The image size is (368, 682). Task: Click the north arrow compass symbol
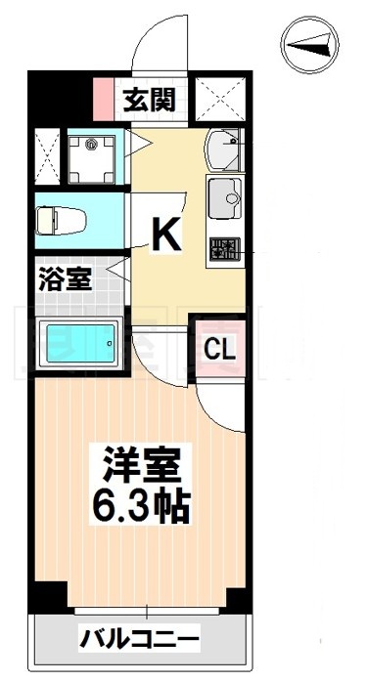(x=311, y=44)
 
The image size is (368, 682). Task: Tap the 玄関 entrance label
(x=149, y=99)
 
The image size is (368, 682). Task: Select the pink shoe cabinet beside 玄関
(x=104, y=97)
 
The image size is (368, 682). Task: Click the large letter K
(x=164, y=234)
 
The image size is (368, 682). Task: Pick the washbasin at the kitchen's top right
(x=225, y=149)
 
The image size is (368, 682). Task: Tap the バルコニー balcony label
(x=138, y=641)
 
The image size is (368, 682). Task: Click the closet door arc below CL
(x=221, y=405)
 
